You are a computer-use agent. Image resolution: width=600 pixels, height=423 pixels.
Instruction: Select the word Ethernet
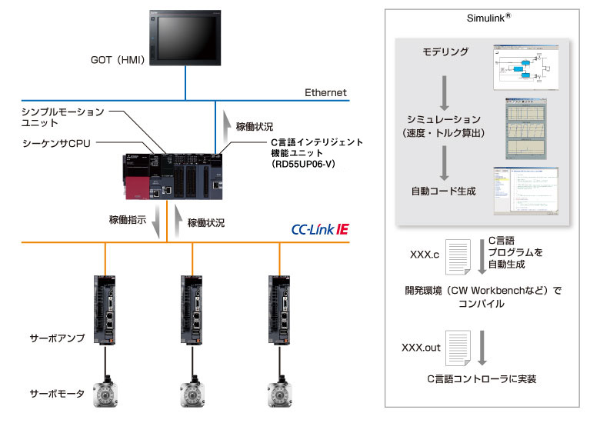325,92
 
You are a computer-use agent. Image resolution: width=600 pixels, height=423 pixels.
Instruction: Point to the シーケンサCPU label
58,144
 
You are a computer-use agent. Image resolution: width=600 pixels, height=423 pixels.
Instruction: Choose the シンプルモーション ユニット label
62,118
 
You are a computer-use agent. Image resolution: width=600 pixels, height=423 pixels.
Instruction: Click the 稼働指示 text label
128,219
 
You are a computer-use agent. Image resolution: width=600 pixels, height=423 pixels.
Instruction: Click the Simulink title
488,17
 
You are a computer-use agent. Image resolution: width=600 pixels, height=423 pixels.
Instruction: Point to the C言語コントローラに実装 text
482,379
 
